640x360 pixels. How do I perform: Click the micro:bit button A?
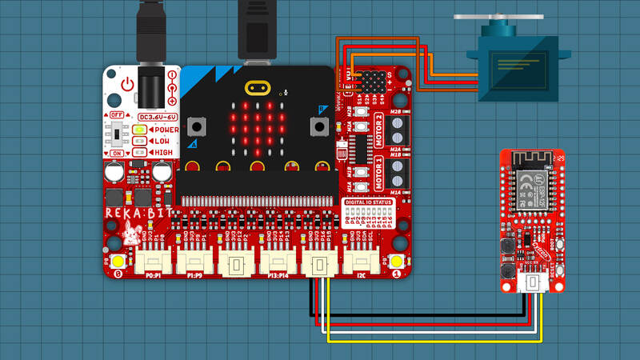(x=194, y=126)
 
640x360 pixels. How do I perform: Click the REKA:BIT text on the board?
(x=135, y=214)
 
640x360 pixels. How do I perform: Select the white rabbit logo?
(x=130, y=234)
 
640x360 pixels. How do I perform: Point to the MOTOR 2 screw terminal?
(x=400, y=128)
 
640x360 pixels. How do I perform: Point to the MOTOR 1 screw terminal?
(x=400, y=171)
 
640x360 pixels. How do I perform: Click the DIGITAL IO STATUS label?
(x=367, y=202)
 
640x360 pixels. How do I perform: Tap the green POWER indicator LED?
(x=139, y=130)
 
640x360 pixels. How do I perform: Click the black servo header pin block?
(x=370, y=82)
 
